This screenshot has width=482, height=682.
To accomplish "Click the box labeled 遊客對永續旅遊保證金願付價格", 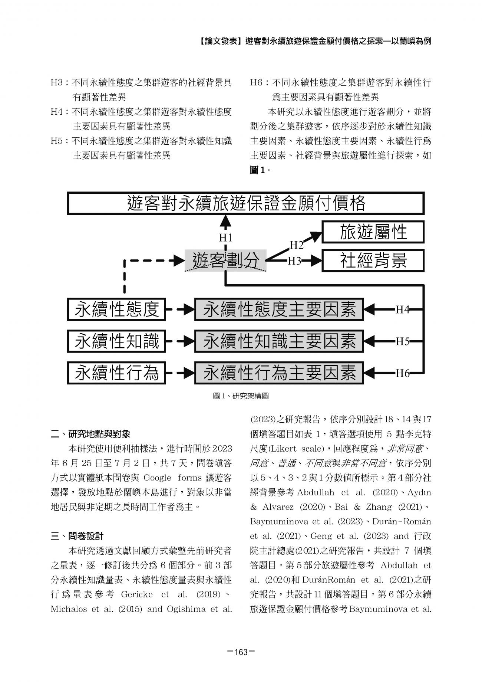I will click(x=245, y=203).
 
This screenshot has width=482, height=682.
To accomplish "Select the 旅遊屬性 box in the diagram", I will click(x=373, y=232).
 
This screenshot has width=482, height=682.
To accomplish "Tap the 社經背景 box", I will click(x=373, y=260).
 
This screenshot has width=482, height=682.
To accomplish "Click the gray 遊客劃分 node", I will click(x=225, y=260).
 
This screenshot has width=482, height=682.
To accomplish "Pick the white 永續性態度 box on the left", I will click(x=116, y=309).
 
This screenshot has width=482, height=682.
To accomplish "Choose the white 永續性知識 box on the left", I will click(x=116, y=341).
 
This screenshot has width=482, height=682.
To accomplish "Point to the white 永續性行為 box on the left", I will click(x=116, y=373).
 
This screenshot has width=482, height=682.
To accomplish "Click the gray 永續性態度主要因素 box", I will click(x=279, y=309).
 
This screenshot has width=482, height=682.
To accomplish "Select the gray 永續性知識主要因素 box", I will click(x=279, y=341).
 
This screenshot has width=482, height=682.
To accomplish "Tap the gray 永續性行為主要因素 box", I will click(x=279, y=373).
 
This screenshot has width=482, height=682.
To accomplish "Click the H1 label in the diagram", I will click(x=225, y=237).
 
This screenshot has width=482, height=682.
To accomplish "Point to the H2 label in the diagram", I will click(x=296, y=245).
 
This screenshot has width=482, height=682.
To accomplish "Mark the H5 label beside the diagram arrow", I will click(x=402, y=341).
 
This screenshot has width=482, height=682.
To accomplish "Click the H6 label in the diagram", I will click(x=402, y=373).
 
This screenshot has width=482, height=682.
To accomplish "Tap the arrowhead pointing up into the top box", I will click(x=225, y=221).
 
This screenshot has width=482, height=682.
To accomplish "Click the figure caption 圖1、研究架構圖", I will click(x=241, y=396).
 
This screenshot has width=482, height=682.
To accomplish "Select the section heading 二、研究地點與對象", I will click(x=90, y=434).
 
